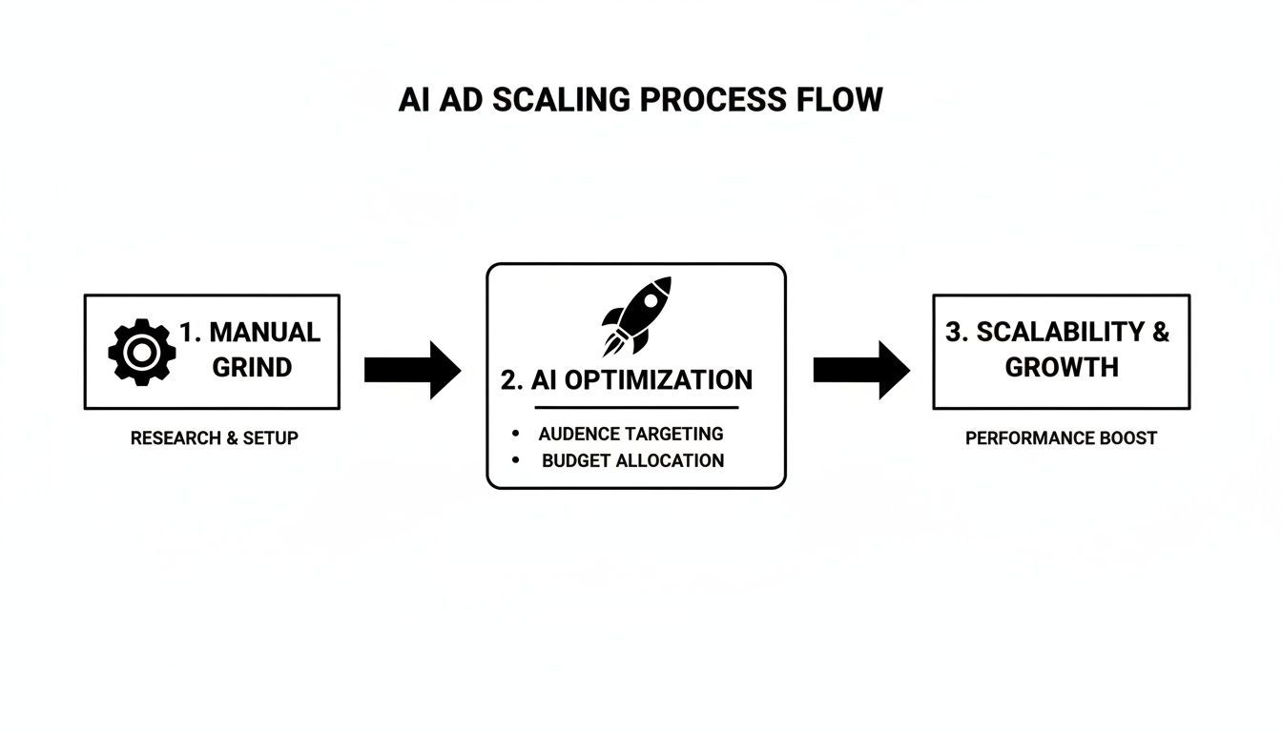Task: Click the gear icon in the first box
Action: pos(141,352)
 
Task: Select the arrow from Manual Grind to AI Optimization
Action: pos(412,370)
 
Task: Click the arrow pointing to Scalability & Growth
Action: pos(860,370)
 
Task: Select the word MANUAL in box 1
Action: pos(264,333)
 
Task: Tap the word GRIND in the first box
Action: pos(252,368)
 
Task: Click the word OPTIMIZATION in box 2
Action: pos(658,380)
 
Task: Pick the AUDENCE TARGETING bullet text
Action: pos(631,434)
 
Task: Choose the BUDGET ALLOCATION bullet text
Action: pos(632,460)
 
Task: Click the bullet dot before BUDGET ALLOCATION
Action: pos(516,460)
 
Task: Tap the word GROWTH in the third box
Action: pos(1062,368)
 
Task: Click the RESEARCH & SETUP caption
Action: pos(214,438)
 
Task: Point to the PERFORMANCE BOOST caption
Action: pos(1061,438)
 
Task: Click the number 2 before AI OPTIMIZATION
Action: pos(510,380)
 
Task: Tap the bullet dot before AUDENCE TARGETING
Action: pos(516,434)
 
